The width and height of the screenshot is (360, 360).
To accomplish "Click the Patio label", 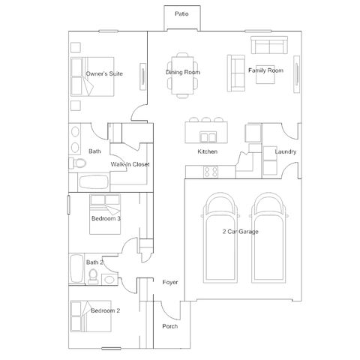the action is pyautogui.click(x=181, y=13).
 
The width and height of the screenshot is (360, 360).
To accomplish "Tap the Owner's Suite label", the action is pyautogui.click(x=104, y=73).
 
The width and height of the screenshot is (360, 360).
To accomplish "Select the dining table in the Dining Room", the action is pyautogui.click(x=182, y=75).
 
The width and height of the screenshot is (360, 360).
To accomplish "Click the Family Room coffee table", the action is pyautogui.click(x=265, y=74).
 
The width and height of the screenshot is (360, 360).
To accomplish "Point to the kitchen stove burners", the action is pyautogui.click(x=211, y=172).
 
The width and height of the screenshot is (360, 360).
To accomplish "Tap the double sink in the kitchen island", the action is pyautogui.click(x=208, y=137).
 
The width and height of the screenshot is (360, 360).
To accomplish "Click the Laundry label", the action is pyautogui.click(x=286, y=151).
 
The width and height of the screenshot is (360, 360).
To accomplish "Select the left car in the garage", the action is pyautogui.click(x=220, y=238).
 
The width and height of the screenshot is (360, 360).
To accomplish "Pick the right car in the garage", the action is pyautogui.click(x=268, y=238).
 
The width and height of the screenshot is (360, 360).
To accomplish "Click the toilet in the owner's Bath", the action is pyautogui.click(x=78, y=163).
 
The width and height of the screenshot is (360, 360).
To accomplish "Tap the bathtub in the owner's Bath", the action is pyautogui.click(x=94, y=182).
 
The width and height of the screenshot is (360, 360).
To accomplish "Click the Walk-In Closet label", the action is pyautogui.click(x=130, y=164).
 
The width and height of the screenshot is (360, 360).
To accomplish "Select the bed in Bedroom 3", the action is pyautogui.click(x=105, y=214).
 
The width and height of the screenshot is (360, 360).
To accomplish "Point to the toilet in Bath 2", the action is pyautogui.click(x=93, y=277).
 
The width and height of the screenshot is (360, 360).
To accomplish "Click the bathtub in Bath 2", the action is pyautogui.click(x=76, y=268).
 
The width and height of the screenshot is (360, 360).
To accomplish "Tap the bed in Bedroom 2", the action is pyautogui.click(x=91, y=316).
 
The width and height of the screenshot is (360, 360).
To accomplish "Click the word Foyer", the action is pyautogui.click(x=170, y=282).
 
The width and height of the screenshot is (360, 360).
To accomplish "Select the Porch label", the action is pyautogui.click(x=170, y=326).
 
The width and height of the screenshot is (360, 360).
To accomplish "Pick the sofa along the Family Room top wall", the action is pyautogui.click(x=269, y=45).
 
